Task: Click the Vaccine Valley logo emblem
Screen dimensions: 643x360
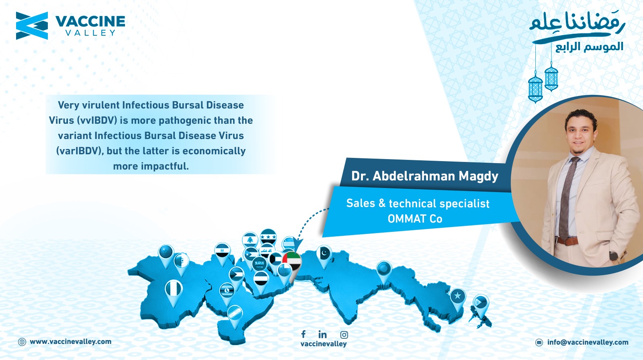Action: [x=32, y=26]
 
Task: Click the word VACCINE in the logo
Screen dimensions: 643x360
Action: [x=90, y=22]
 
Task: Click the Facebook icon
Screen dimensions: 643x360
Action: [x=303, y=334]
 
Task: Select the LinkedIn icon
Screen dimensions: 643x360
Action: [x=322, y=334]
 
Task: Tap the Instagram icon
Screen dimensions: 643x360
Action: [x=344, y=335]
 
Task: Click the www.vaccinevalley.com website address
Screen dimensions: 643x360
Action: [x=71, y=342]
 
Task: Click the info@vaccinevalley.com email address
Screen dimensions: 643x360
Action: [x=588, y=342]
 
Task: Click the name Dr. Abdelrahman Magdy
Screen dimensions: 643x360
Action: [x=424, y=176]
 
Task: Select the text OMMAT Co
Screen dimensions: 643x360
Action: [x=415, y=219]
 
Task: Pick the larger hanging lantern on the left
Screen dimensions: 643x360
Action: [x=535, y=88]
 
